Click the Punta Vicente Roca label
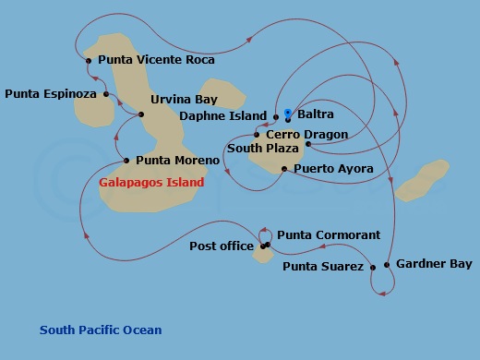155,60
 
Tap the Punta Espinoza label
52,93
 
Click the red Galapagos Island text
150,182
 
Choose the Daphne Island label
222,116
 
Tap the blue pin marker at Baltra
288,109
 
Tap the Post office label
222,246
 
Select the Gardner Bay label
433,263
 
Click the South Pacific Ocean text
100,330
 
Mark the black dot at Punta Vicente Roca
89,61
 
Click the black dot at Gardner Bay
388,265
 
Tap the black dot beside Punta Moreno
126,160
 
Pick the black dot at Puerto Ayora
283,169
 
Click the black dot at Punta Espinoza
107,93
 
